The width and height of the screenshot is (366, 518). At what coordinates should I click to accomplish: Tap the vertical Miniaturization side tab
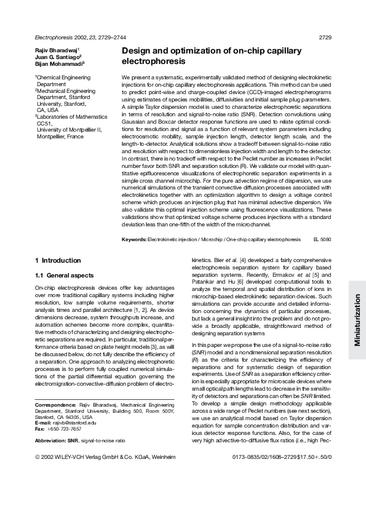click(x=356, y=319)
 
